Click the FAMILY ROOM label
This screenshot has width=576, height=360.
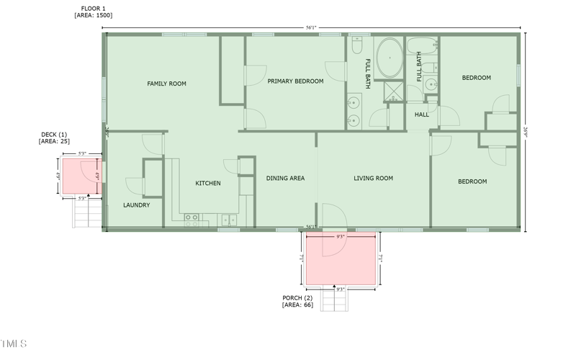pyautogui.click(x=166, y=84)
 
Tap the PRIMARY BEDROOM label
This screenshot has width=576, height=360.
pyautogui.click(x=295, y=81)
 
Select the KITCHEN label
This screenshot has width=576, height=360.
pyautogui.click(x=208, y=184)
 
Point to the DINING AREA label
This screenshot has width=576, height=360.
pyautogui.click(x=285, y=178)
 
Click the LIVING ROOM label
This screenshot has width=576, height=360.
pyautogui.click(x=373, y=178)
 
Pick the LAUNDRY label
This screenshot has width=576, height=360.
pyautogui.click(x=136, y=205)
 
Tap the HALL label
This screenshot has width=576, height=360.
pyautogui.click(x=421, y=114)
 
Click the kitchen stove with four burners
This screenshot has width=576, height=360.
pyautogui.click(x=192, y=220)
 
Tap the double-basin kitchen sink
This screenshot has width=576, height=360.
pyautogui.click(x=229, y=220)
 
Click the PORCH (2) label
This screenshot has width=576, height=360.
pyautogui.click(x=297, y=301)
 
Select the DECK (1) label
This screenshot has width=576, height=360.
pyautogui.click(x=53, y=138)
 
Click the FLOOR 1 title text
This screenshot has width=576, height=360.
pyautogui.click(x=93, y=9)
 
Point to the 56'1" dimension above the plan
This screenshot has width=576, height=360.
pyautogui.click(x=311, y=28)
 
